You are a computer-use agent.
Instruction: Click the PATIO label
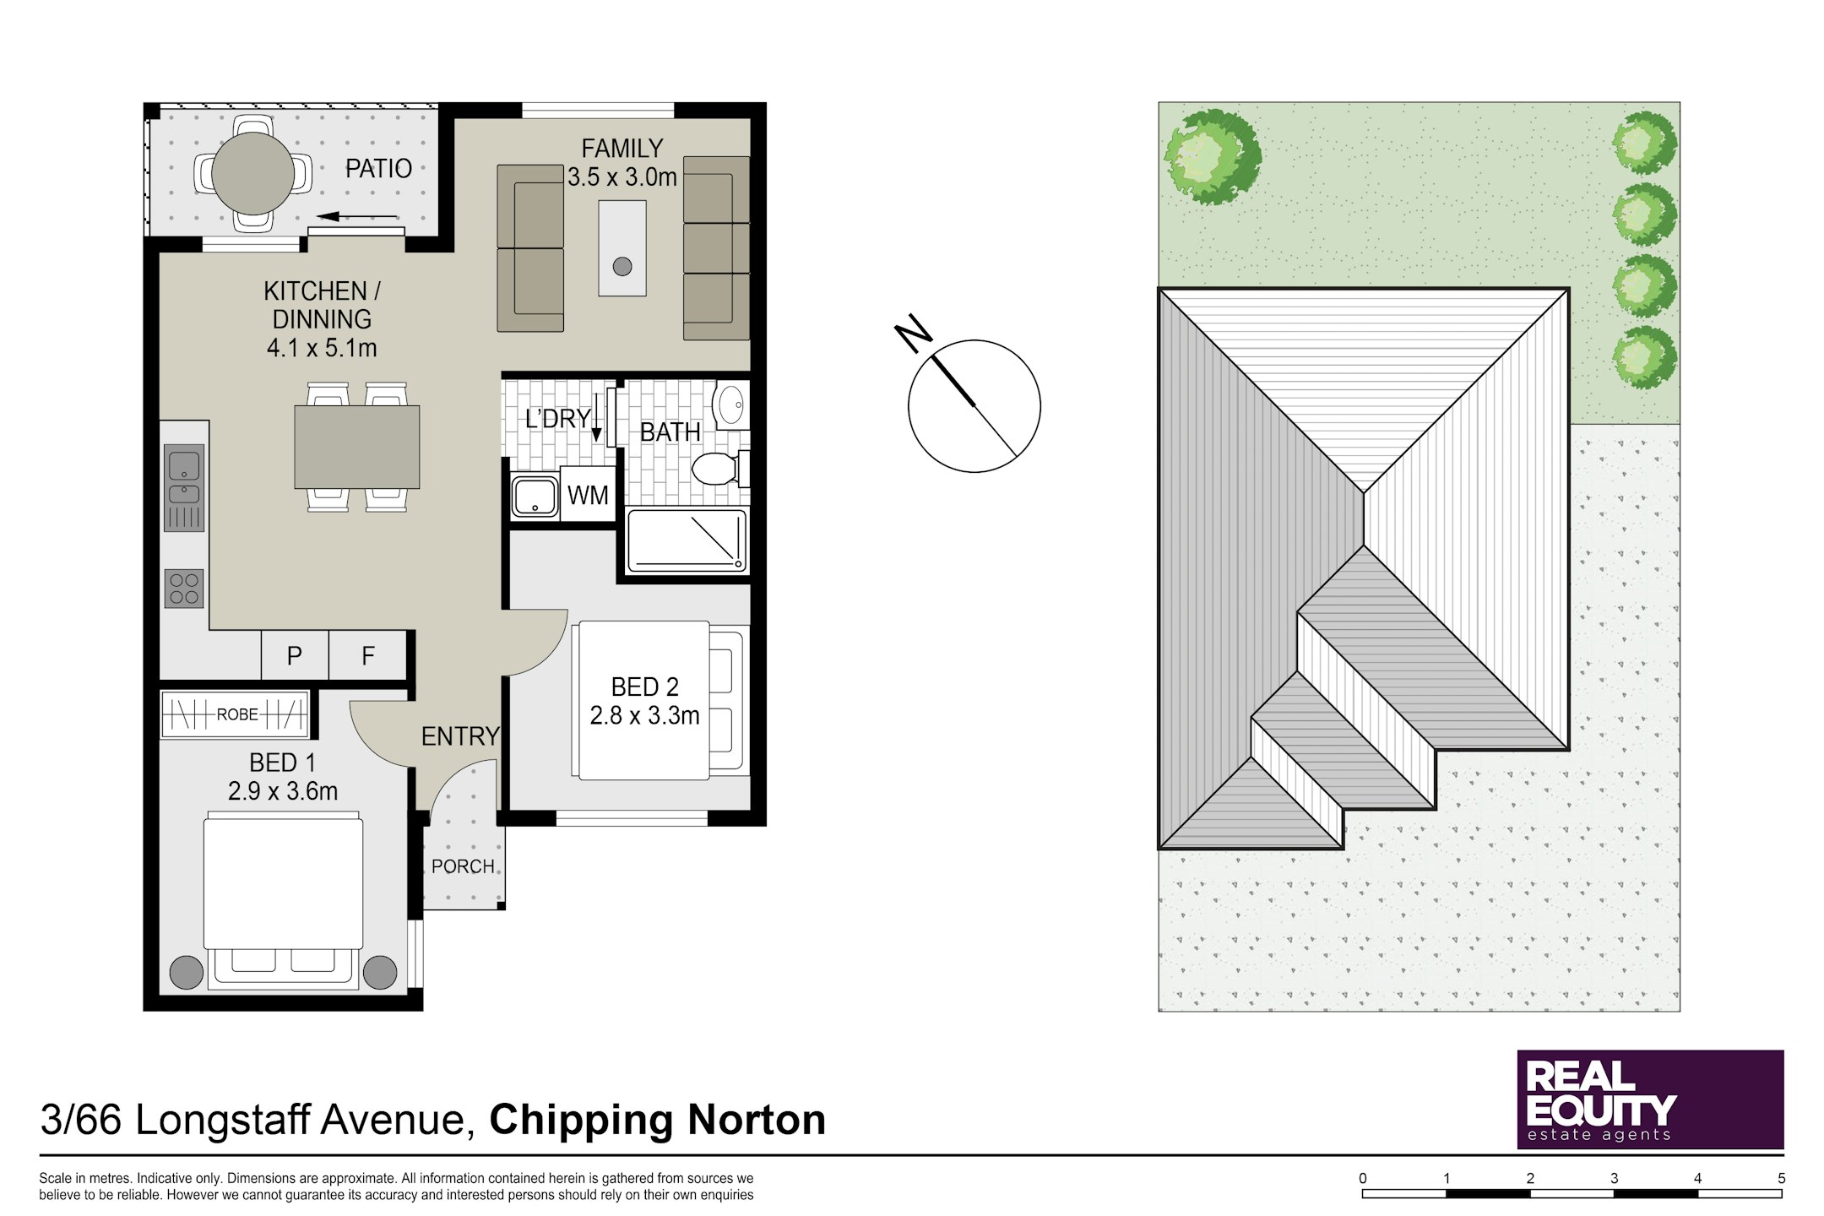pyautogui.click(x=378, y=169)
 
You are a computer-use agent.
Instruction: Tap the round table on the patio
pyautogui.click(x=252, y=173)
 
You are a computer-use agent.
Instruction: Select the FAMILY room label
pyautogui.click(x=622, y=149)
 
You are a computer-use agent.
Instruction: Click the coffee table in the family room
pyautogui.click(x=622, y=248)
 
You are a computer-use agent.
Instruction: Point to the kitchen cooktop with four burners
pyautogui.click(x=184, y=589)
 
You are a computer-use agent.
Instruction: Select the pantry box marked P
pyautogui.click(x=295, y=655)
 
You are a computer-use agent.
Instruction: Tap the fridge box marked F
pyautogui.click(x=368, y=655)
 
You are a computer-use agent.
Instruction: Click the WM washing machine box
pyautogui.click(x=588, y=495)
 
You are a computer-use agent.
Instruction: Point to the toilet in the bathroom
pyautogui.click(x=719, y=469)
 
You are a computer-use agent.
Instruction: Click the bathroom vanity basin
pyautogui.click(x=731, y=404)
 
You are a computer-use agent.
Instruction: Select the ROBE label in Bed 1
pyautogui.click(x=237, y=714)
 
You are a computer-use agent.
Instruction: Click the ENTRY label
pyautogui.click(x=460, y=736)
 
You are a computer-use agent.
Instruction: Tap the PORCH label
pyautogui.click(x=463, y=866)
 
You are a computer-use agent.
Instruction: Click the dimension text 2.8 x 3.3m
pyautogui.click(x=644, y=716)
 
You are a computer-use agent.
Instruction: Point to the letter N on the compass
pyautogui.click(x=914, y=333)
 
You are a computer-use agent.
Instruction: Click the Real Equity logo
pyautogui.click(x=1650, y=1099)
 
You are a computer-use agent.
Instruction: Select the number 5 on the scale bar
pyautogui.click(x=1782, y=1178)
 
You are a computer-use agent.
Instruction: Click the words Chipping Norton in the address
pyautogui.click(x=658, y=1120)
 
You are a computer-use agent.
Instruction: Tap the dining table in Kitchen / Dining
pyautogui.click(x=357, y=447)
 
